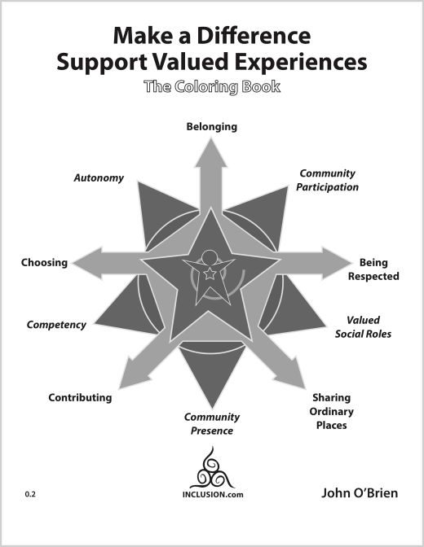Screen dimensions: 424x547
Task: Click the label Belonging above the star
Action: pos(211,127)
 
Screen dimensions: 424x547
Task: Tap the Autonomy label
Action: pos(99,178)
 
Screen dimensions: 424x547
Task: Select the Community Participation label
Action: pos(327,180)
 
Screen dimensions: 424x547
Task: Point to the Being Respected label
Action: pos(373,269)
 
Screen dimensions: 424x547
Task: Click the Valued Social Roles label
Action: pos(363,327)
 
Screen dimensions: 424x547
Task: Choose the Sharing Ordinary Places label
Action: pos(331,411)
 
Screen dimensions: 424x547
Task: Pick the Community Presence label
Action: pos(212,423)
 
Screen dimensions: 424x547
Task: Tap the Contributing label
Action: pos(80,398)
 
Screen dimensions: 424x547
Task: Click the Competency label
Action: pos(56,325)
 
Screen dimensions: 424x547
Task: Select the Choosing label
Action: pos(44,262)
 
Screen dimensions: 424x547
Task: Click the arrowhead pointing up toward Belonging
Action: pos(211,155)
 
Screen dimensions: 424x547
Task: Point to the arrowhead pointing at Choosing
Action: pos(87,263)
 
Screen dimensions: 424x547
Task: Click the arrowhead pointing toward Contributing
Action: pos(133,374)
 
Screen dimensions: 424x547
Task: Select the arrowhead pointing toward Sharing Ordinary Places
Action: pos(291,374)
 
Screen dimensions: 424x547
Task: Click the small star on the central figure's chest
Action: pos(210,273)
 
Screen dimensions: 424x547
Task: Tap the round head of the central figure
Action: pos(210,258)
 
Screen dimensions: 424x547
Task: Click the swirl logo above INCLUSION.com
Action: pos(212,468)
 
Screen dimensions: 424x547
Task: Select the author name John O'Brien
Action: pos(360,493)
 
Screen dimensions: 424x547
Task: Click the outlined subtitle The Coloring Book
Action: pos(212,86)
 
